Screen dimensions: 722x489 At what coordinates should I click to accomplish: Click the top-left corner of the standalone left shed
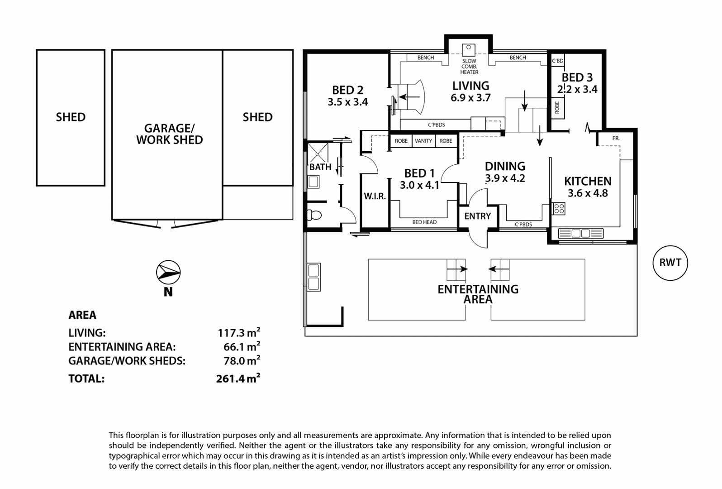pyautogui.click(x=37, y=50)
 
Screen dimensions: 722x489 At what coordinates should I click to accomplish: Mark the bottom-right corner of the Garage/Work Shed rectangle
pyautogui.click(x=223, y=219)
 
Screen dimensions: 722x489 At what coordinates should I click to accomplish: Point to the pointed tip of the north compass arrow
pyautogui.click(x=180, y=273)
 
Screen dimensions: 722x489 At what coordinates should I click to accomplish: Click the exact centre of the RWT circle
pyautogui.click(x=670, y=263)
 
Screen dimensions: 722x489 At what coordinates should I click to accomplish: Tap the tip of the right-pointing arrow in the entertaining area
pyautogui.click(x=467, y=269)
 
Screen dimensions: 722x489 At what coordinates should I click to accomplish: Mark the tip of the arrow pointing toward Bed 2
pyautogui.click(x=399, y=97)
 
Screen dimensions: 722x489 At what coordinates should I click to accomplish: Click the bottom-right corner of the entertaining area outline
pyautogui.click(x=637, y=336)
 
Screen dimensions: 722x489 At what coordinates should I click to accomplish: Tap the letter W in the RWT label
pyautogui.click(x=670, y=263)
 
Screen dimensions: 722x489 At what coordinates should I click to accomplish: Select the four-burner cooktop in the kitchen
pyautogui.click(x=559, y=208)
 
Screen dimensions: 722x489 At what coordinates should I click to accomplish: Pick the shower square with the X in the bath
pyautogui.click(x=318, y=153)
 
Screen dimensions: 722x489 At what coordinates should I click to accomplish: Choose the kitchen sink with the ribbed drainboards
pyautogui.click(x=580, y=233)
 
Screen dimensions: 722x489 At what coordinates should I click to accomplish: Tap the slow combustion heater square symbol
pyautogui.click(x=469, y=50)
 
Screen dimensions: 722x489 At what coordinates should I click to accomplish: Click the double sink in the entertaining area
pyautogui.click(x=313, y=278)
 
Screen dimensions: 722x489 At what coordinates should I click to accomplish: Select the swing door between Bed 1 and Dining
pyautogui.click(x=449, y=173)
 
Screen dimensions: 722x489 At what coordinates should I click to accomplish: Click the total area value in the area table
pyautogui.click(x=238, y=378)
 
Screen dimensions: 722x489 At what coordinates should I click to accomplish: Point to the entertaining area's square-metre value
pyautogui.click(x=242, y=346)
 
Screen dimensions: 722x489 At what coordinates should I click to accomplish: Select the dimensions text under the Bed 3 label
pyautogui.click(x=577, y=89)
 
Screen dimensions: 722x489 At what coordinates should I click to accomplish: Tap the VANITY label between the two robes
pyautogui.click(x=423, y=141)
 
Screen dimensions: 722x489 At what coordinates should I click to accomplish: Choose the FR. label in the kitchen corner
pyautogui.click(x=616, y=139)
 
